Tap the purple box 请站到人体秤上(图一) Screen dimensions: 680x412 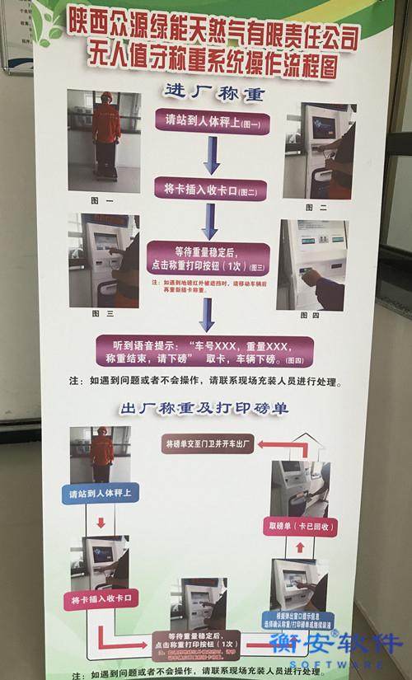click(213, 120)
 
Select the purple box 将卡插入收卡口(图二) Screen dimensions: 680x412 click(211, 190)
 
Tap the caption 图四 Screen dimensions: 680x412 click(311, 314)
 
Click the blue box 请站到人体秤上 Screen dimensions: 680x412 click(101, 494)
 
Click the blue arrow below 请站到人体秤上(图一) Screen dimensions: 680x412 click(212, 155)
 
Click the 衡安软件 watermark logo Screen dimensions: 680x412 click(338, 646)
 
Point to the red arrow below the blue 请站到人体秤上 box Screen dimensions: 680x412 click(101, 523)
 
